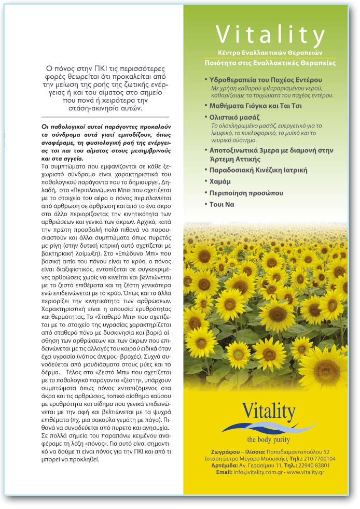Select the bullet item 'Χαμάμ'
tap(220, 181)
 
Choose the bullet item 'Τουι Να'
tap(221, 204)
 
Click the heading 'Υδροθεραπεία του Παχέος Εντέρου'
tap(265, 80)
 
